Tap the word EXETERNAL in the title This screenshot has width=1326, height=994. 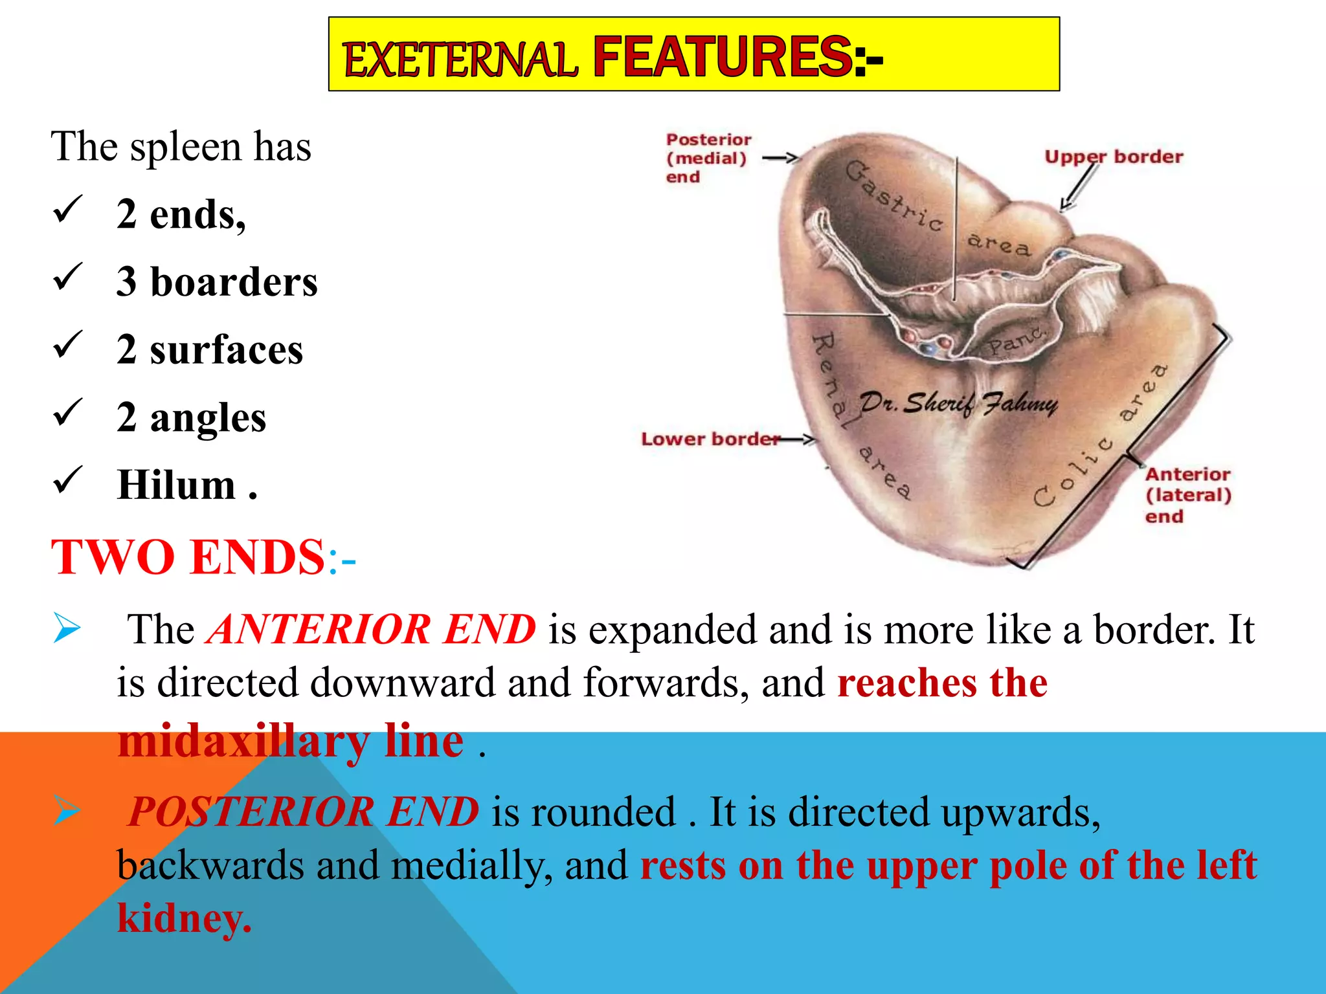pyautogui.click(x=459, y=60)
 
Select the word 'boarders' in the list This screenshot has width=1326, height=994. pyautogui.click(x=234, y=282)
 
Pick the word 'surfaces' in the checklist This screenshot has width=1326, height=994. pyautogui.click(x=226, y=350)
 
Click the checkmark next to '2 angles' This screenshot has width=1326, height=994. pyautogui.click(x=67, y=412)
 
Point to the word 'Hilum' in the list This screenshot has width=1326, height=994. pyautogui.click(x=176, y=485)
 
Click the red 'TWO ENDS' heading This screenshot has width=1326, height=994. pyautogui.click(x=188, y=557)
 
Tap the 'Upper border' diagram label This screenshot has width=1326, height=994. pyautogui.click(x=1113, y=157)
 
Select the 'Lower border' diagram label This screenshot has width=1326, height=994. pyautogui.click(x=710, y=439)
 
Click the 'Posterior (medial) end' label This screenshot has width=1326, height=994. pyautogui.click(x=708, y=158)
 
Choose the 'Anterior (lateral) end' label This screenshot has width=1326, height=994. pyautogui.click(x=1187, y=495)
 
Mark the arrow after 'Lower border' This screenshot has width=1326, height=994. pyautogui.click(x=798, y=440)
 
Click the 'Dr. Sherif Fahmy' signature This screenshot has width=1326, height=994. pyautogui.click(x=958, y=403)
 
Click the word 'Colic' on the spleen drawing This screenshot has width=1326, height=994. pyautogui.click(x=1072, y=472)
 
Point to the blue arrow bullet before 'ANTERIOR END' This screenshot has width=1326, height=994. pyautogui.click(x=67, y=628)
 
